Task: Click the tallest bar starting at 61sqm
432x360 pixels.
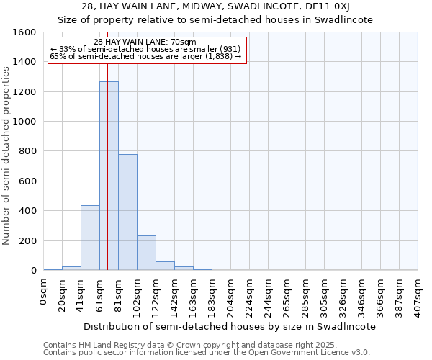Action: (109, 176)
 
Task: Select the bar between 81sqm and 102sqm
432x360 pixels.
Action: (127, 212)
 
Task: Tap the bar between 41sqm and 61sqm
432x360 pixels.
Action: (90, 238)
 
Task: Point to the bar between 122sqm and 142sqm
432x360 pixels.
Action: (165, 266)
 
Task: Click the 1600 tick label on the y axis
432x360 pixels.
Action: (24, 32)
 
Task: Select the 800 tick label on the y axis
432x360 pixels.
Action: (27, 151)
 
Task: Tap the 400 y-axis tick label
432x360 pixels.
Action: (27, 211)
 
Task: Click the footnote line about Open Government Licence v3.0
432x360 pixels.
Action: (207, 352)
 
